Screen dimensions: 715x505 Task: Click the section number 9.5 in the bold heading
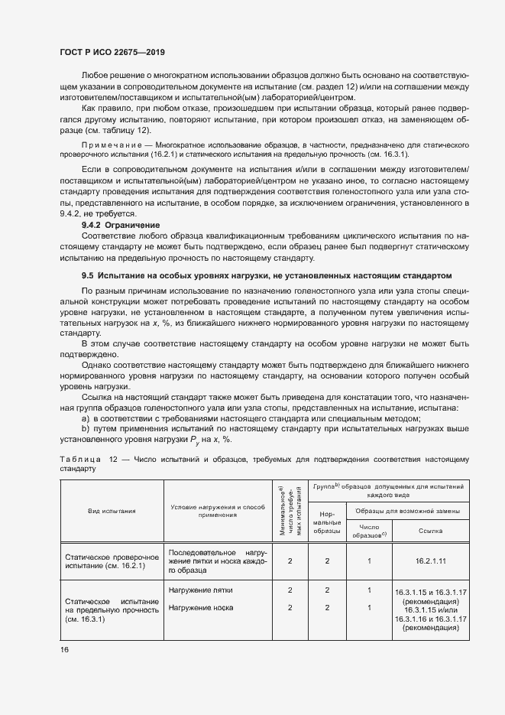(89, 275)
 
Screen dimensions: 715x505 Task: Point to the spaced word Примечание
(105, 165)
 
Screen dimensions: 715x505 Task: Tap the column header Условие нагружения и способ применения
(218, 510)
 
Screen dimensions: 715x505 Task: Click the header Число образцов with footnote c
(369, 531)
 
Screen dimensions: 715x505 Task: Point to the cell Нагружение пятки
(201, 590)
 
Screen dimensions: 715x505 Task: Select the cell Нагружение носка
(200, 608)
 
